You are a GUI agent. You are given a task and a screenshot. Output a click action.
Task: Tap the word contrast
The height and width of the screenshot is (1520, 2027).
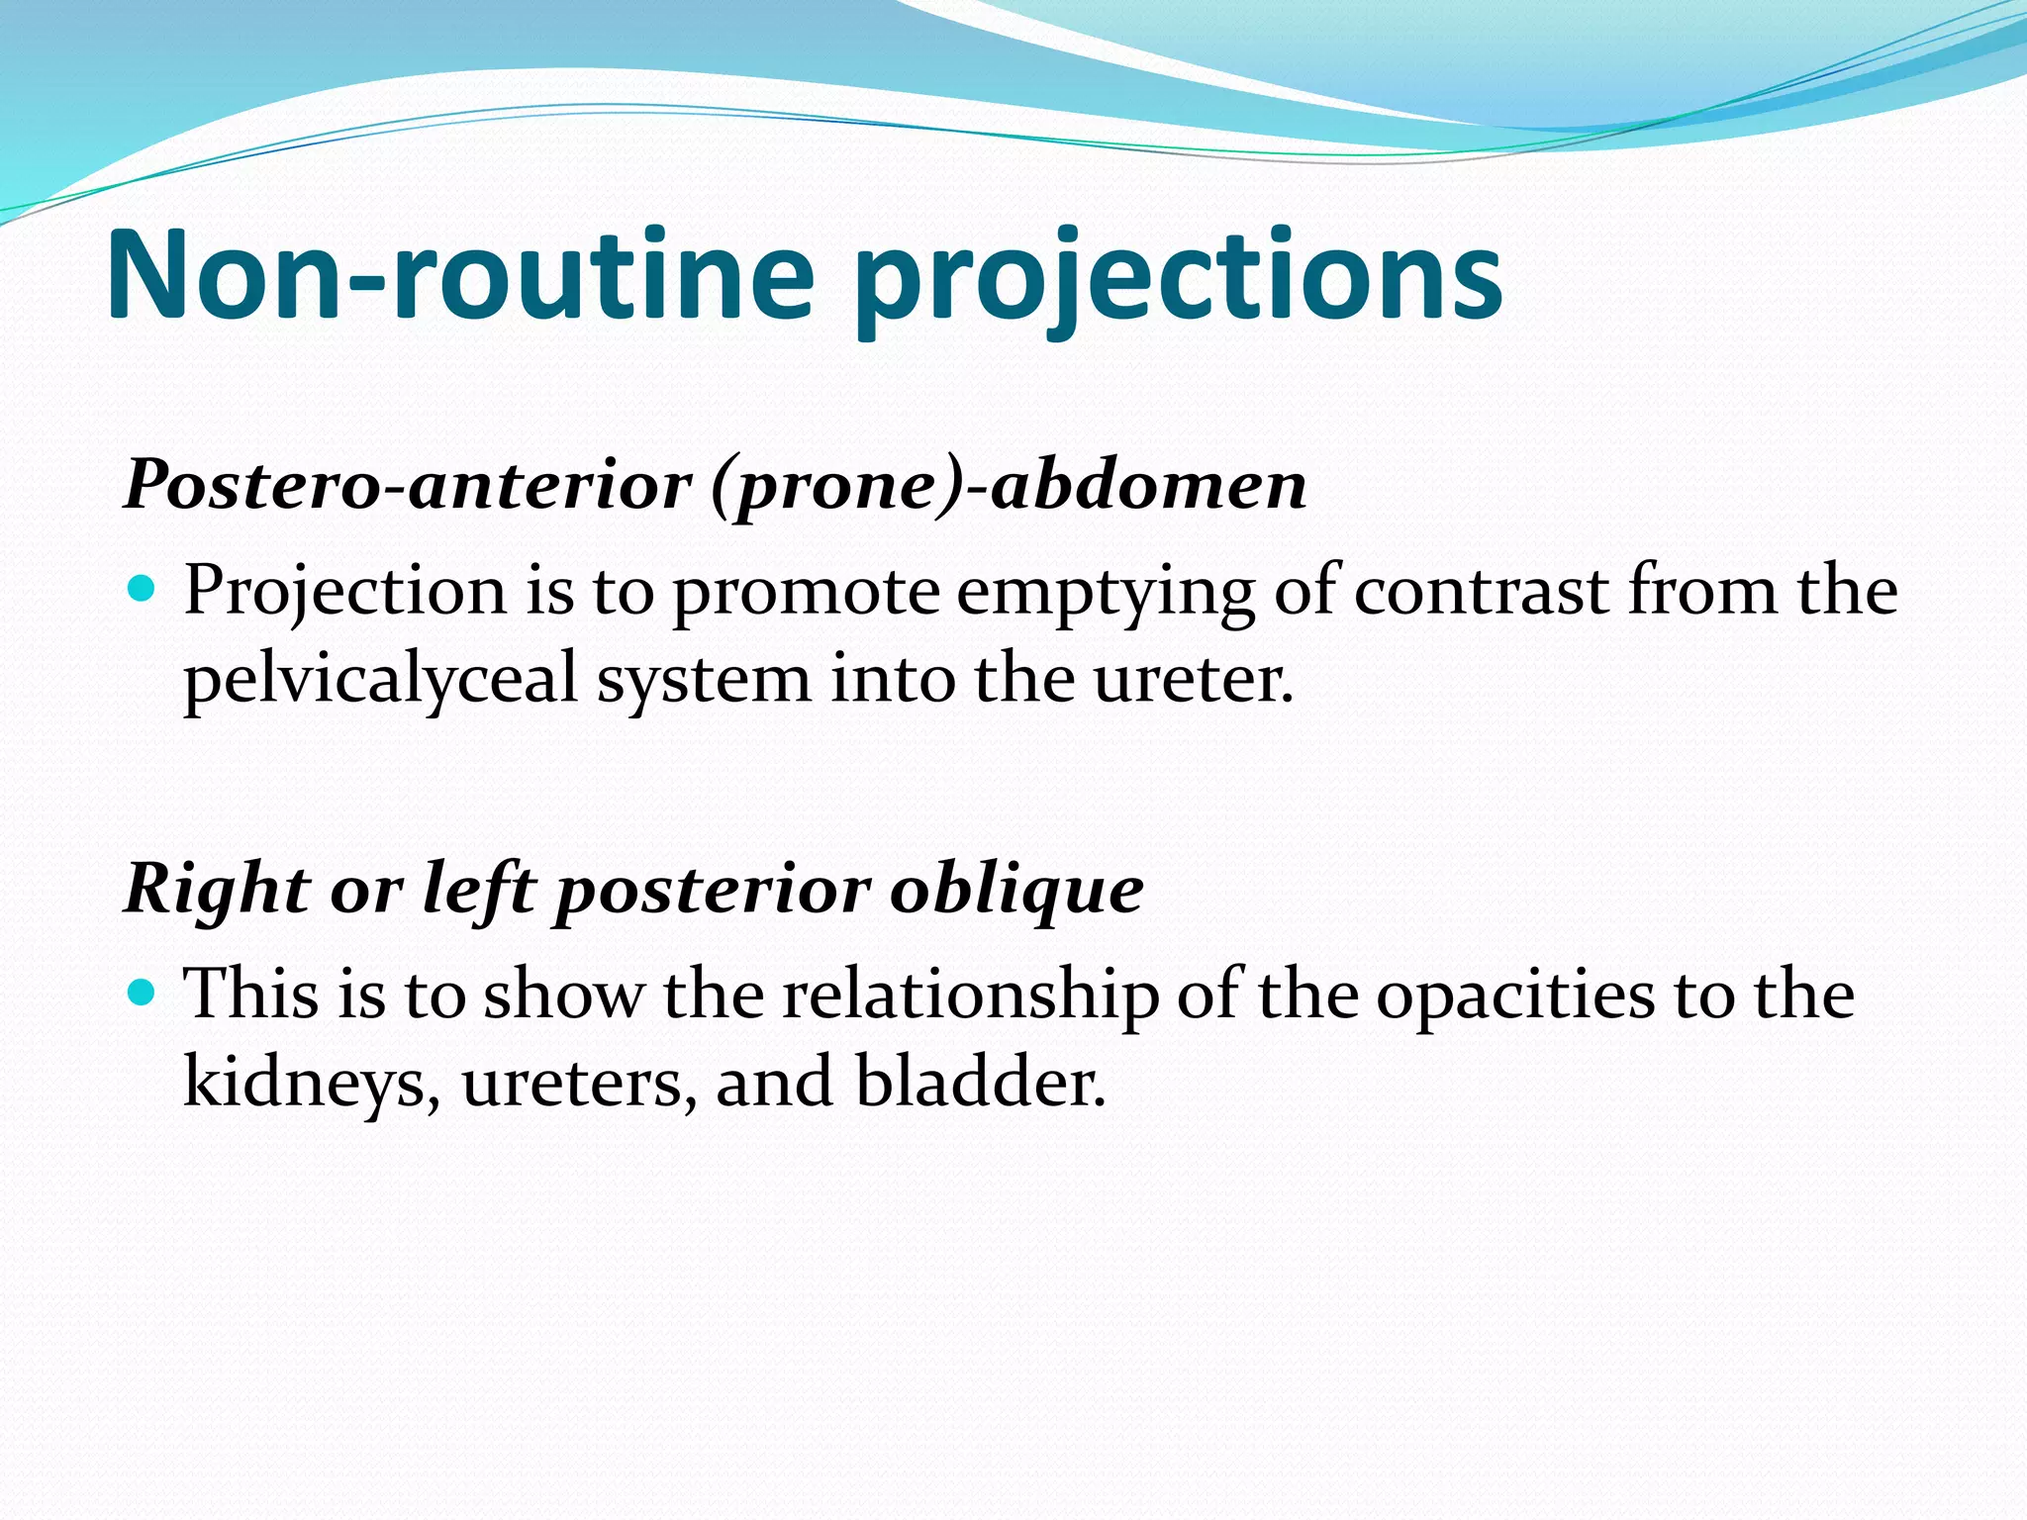[1481, 591]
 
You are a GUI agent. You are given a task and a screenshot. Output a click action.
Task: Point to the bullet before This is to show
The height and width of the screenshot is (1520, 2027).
[143, 992]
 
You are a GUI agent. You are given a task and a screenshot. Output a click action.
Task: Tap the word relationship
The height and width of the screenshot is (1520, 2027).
[970, 996]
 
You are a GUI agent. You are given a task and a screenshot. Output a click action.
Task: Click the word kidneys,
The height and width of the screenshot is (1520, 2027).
[312, 1083]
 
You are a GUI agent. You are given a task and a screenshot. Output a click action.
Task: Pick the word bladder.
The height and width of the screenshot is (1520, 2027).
[980, 1081]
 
